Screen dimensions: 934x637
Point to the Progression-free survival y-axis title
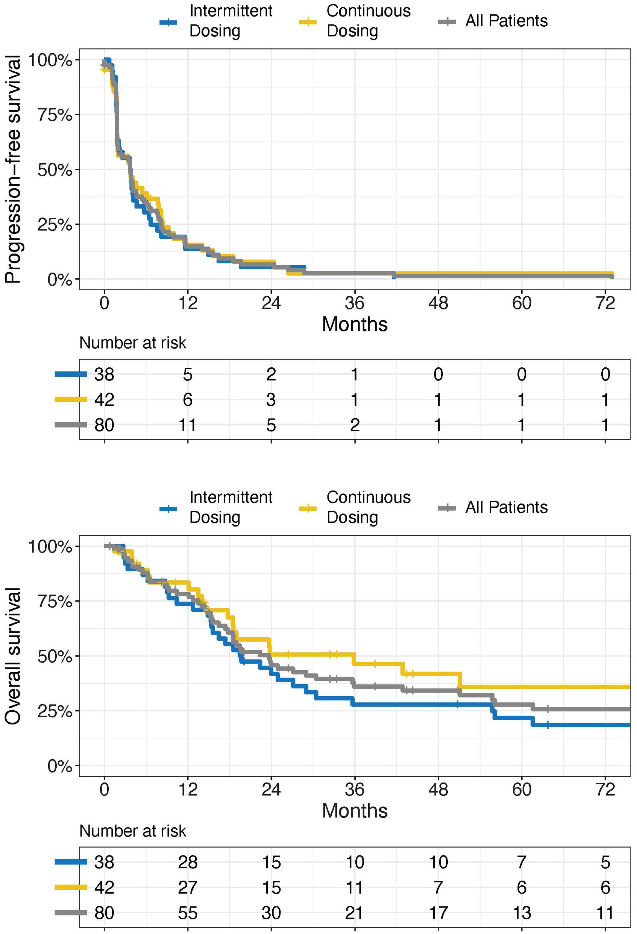click(x=13, y=169)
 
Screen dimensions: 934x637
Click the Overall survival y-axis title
click(x=13, y=656)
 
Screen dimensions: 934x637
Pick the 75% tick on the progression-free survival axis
click(x=55, y=115)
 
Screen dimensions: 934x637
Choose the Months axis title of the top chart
click(x=354, y=324)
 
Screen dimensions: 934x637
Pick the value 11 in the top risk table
click(x=187, y=425)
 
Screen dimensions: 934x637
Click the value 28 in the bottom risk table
click(x=187, y=862)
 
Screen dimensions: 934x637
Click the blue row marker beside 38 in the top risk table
click(x=71, y=374)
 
